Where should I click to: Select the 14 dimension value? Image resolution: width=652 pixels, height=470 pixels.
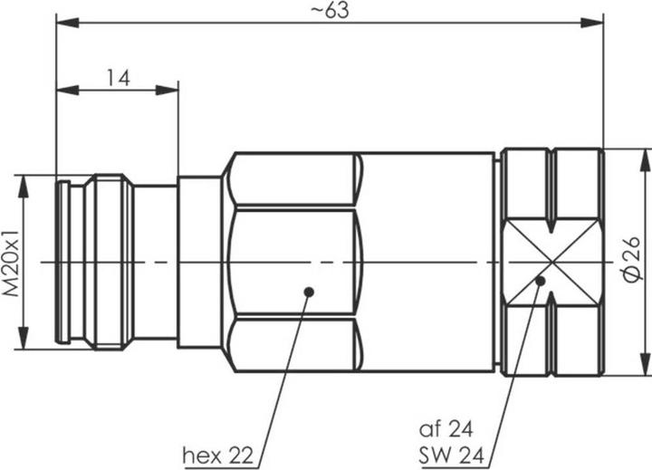coord(118,78)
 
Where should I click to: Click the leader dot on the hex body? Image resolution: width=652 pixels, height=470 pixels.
coord(309,292)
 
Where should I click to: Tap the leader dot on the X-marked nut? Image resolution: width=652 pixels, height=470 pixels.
coord(541,282)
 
